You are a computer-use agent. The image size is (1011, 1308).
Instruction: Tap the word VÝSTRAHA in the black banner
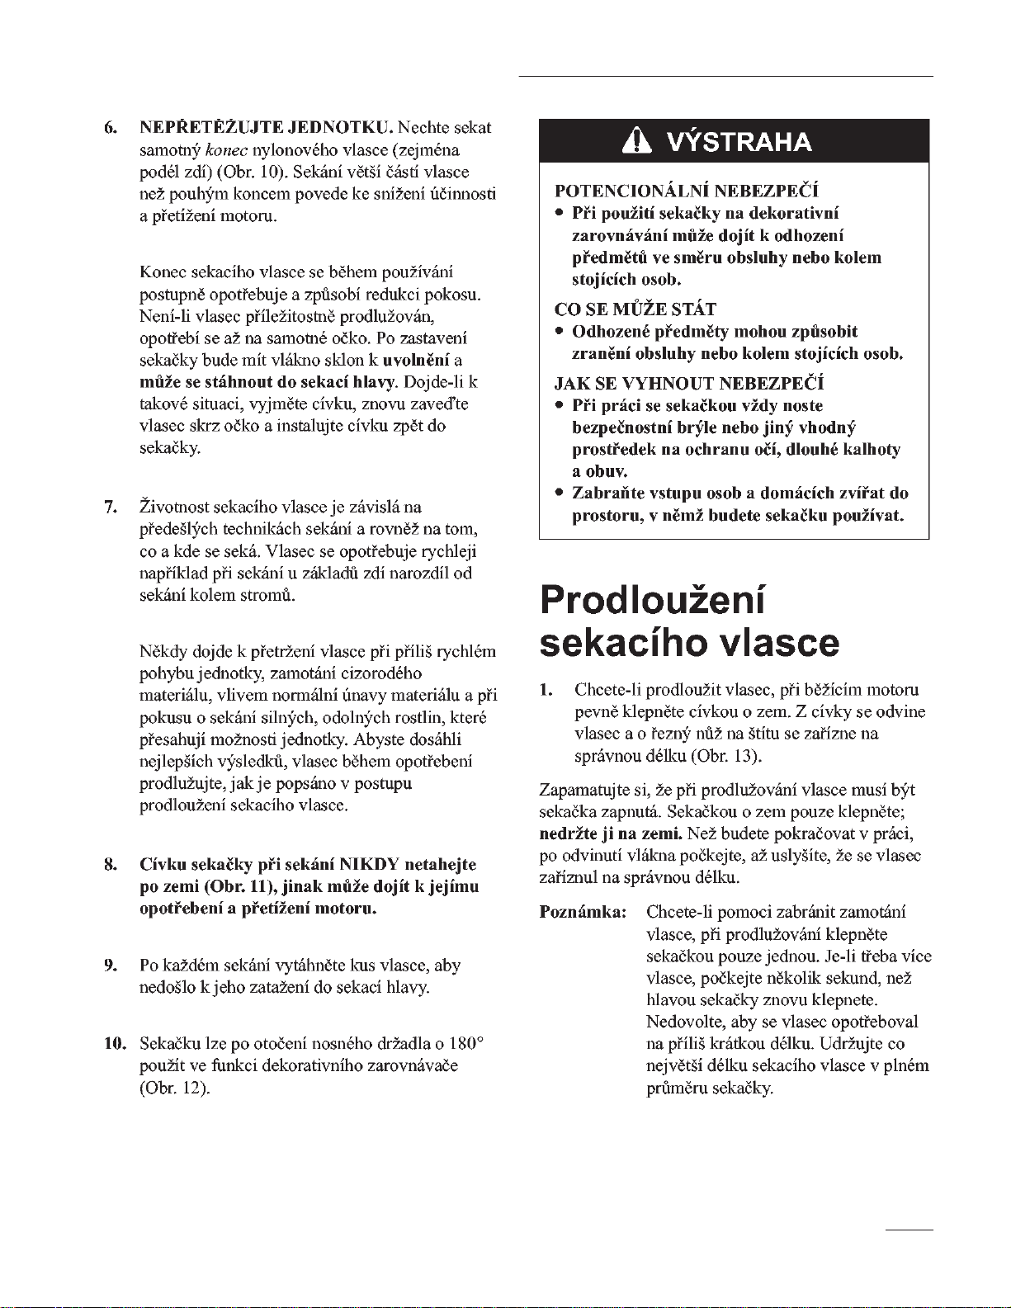pos(739,142)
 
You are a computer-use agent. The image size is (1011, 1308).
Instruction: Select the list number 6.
pos(109,128)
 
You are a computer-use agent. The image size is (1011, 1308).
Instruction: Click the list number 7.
pos(109,506)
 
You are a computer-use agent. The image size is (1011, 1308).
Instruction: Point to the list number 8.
pos(109,865)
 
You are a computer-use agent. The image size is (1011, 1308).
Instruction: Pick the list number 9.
pos(109,965)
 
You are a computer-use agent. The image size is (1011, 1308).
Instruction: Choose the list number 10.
pos(112,1043)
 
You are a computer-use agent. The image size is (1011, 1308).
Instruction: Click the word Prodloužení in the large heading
pos(652,599)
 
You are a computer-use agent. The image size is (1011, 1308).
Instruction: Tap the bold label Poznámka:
pos(583,912)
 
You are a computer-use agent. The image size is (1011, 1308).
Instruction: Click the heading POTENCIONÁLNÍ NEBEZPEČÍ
pos(687,191)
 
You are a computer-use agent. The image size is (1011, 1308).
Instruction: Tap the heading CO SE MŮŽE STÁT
pos(635,309)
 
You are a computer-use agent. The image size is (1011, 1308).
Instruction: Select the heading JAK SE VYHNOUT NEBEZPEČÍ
pos(689,384)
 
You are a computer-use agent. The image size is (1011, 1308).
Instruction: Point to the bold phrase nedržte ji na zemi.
pos(611,833)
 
